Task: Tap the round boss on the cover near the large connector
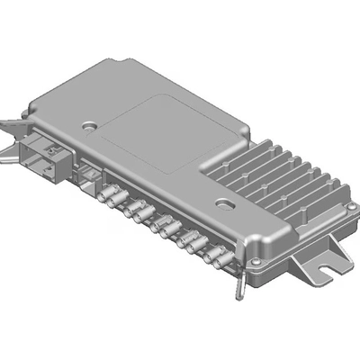click(x=88, y=127)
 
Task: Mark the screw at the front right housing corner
click(x=256, y=263)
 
